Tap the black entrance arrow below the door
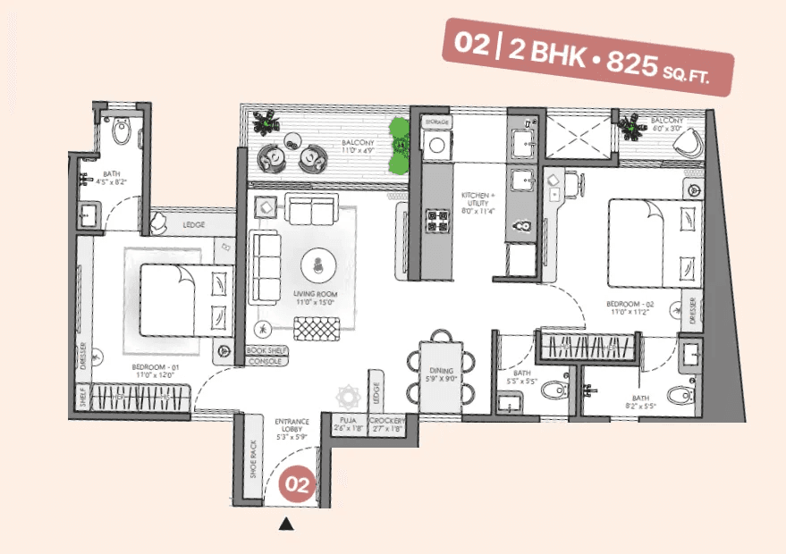pyautogui.click(x=287, y=525)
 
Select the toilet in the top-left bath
pyautogui.click(x=123, y=133)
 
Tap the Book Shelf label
pyautogui.click(x=266, y=351)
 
